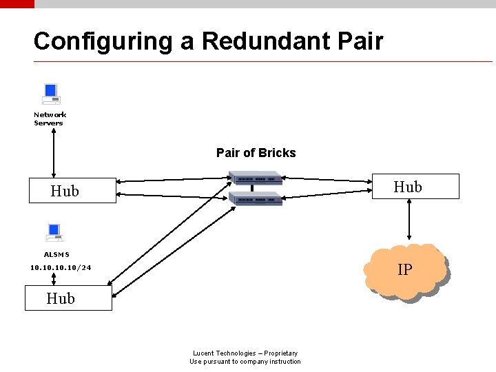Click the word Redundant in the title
[265, 41]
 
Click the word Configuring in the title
[103, 42]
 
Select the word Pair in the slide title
[360, 41]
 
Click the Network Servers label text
[50, 119]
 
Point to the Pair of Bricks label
[256, 153]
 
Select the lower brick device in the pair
[256, 199]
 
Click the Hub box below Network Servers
[72, 191]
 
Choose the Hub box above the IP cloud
[415, 187]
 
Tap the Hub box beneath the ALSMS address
[68, 298]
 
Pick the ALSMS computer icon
[54, 233]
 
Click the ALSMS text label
[56, 255]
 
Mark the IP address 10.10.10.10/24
[61, 267]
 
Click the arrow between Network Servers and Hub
[54, 153]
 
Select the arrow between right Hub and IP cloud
[409, 221]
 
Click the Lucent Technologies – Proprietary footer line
[245, 353]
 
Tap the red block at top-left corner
[17, 3]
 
